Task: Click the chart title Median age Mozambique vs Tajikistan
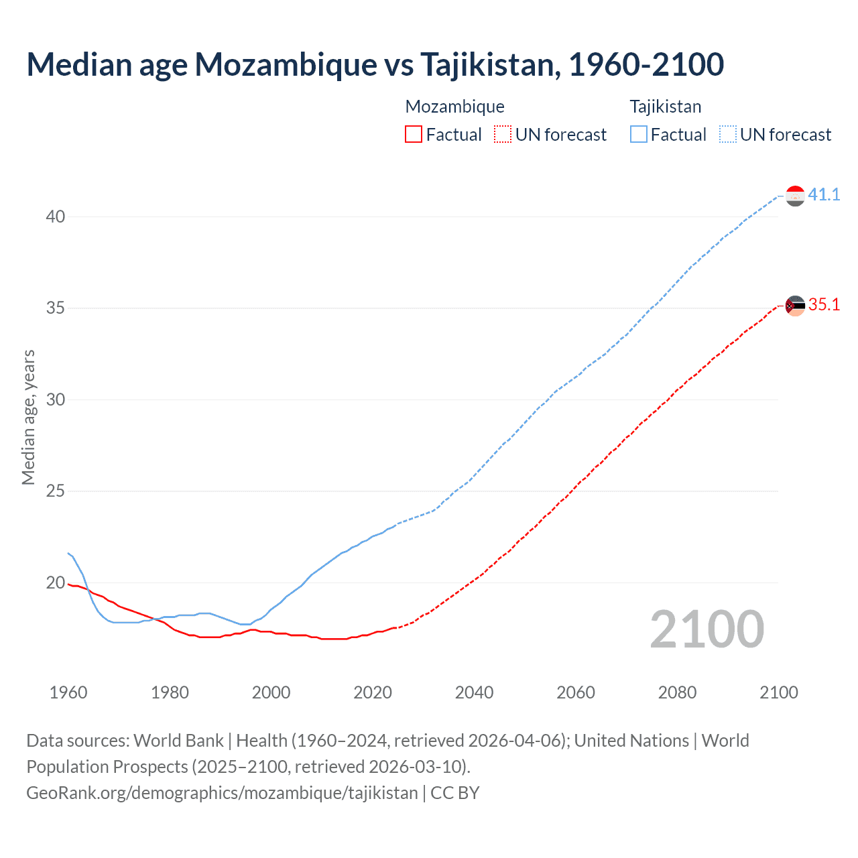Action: (x=375, y=65)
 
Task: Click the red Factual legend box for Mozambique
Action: (x=414, y=135)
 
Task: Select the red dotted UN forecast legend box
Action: (x=503, y=135)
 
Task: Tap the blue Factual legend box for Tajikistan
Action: (x=639, y=135)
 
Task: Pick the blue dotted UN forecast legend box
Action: (x=727, y=135)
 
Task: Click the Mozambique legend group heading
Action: (x=454, y=107)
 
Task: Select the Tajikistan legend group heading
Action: (x=665, y=107)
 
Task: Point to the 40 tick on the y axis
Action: (x=56, y=217)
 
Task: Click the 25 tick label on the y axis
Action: (x=56, y=491)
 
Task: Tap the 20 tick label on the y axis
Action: (x=56, y=583)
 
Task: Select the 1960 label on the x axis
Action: (x=68, y=692)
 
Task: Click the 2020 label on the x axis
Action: (x=373, y=692)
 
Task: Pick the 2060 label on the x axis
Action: (x=576, y=692)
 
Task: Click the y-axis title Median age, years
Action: (x=28, y=417)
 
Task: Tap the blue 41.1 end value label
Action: (x=824, y=195)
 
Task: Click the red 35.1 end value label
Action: (x=824, y=305)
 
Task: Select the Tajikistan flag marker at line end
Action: (x=795, y=196)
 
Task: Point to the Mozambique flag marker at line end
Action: (x=795, y=306)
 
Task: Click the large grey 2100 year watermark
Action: (x=707, y=629)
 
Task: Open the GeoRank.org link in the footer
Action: (x=222, y=793)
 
